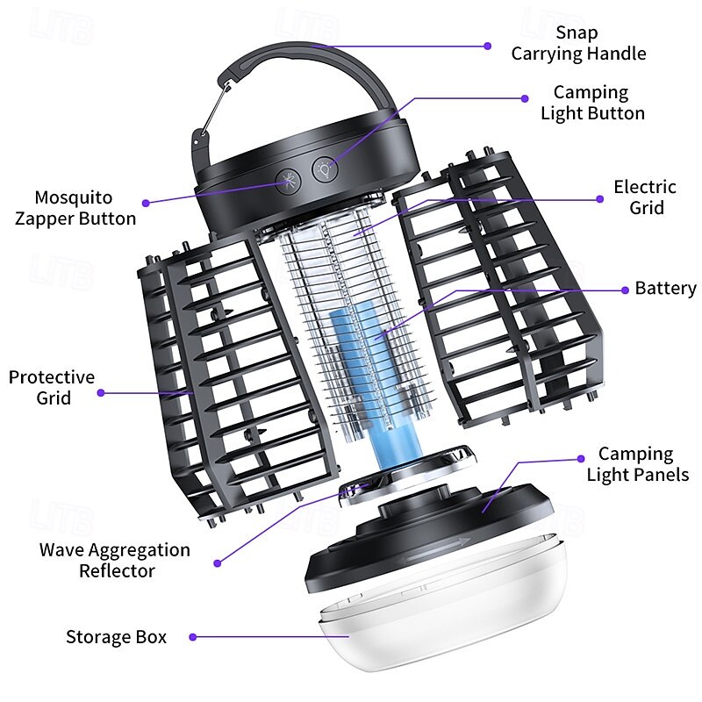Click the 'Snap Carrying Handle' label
coord(578,43)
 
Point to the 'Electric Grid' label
coord(644,197)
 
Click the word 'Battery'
coord(665,289)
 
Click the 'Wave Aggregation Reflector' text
coord(114,560)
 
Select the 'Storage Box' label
coord(116,637)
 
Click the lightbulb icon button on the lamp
coord(326,167)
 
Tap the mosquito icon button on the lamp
coord(288,182)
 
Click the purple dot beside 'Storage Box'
coord(192,637)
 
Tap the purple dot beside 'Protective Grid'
coord(101,392)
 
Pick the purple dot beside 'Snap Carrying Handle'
coord(489,45)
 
